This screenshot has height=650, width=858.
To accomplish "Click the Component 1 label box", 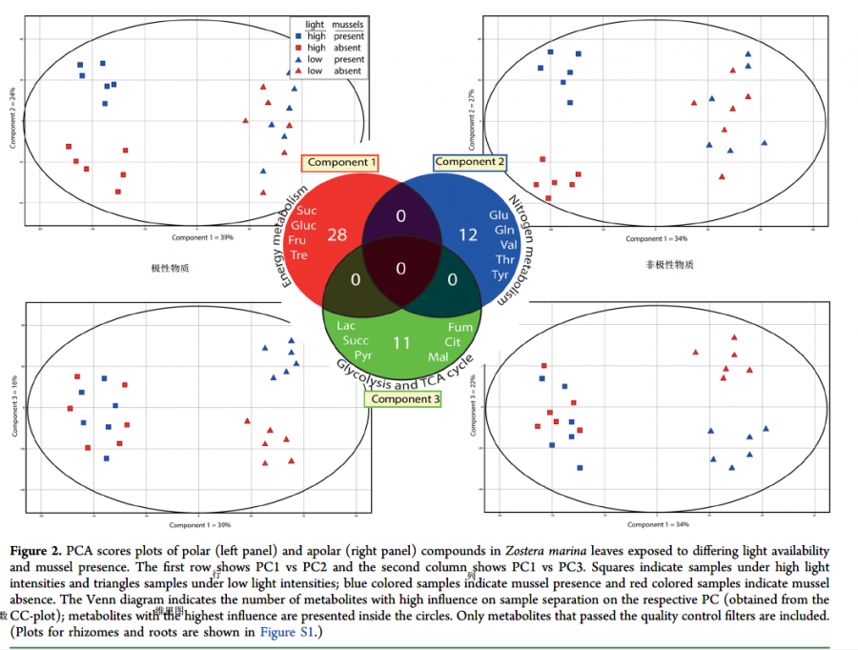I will click(x=343, y=163).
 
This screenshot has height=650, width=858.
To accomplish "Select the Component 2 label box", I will click(x=470, y=162).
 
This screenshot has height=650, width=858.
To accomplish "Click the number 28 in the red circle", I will click(x=337, y=234).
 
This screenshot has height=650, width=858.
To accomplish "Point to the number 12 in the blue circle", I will click(x=467, y=234).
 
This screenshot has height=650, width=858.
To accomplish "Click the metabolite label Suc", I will click(x=307, y=211).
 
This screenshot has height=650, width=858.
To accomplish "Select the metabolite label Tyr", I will click(x=500, y=274).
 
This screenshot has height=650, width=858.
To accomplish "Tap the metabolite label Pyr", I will click(x=362, y=355).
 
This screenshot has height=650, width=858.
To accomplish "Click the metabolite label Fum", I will click(x=460, y=327).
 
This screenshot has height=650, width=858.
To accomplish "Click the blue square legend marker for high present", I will click(x=297, y=36).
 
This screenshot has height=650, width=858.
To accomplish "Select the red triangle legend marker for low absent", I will click(x=297, y=71).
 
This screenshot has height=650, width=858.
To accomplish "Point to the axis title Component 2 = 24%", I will click(x=12, y=117).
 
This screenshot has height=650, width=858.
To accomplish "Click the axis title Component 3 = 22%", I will click(x=472, y=405).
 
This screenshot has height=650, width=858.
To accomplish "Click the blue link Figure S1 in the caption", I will click(x=285, y=632).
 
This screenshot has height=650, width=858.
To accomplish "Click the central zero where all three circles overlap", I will click(x=400, y=269).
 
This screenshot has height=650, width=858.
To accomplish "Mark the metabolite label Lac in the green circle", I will click(x=346, y=326).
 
